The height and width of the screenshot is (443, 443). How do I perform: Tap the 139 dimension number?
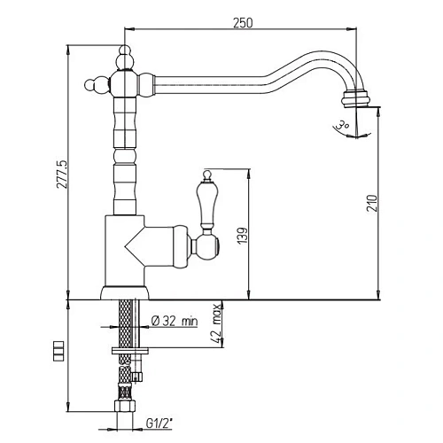tap(241, 235)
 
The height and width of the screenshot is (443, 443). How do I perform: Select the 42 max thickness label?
tap(214, 324)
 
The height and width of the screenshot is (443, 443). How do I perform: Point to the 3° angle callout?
tap(340, 126)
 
